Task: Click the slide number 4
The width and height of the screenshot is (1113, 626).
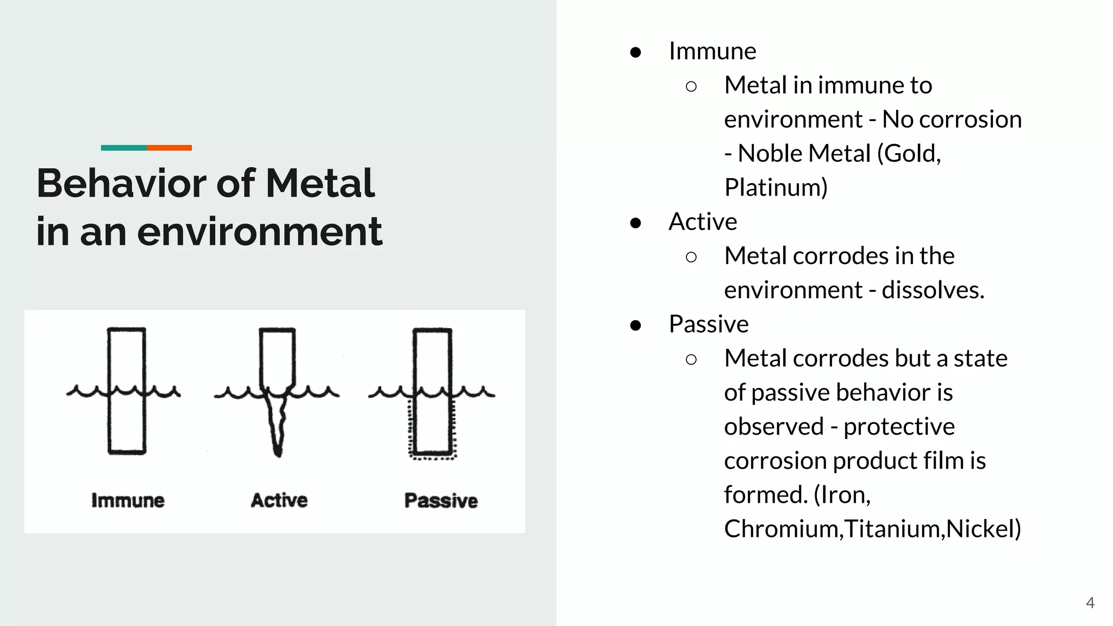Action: [1090, 603]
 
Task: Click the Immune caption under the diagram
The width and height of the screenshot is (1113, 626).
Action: [128, 500]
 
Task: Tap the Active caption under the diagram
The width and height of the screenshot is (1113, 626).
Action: [279, 500]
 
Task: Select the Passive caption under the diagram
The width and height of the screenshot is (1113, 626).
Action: [441, 500]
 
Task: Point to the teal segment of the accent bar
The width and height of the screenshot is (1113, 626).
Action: [123, 148]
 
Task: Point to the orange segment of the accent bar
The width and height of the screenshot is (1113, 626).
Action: [169, 148]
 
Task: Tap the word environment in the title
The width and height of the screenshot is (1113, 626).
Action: [260, 231]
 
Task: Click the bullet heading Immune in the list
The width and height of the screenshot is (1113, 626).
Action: [712, 51]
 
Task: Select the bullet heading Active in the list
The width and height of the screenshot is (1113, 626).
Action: [703, 222]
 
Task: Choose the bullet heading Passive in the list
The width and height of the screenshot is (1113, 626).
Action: [709, 324]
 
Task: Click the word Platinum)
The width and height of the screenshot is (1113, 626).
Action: [776, 187]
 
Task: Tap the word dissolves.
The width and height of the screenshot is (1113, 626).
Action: [933, 290]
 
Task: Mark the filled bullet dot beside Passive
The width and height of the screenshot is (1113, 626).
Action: [635, 325]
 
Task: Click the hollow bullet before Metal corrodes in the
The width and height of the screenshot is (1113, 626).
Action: [691, 257]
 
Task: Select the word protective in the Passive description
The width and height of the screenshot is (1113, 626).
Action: [899, 427]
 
